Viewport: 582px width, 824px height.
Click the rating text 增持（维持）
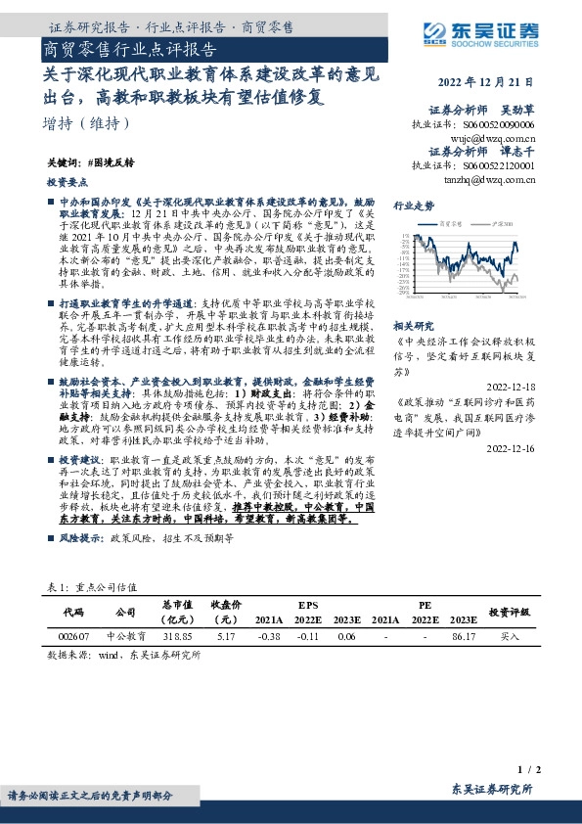tap(86, 124)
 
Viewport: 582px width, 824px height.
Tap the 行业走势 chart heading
tap(413, 206)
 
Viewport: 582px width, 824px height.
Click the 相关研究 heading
tap(413, 326)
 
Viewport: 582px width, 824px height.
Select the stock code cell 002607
tap(73, 636)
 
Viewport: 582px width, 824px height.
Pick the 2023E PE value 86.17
tap(463, 636)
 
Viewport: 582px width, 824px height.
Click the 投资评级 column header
tap(510, 611)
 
